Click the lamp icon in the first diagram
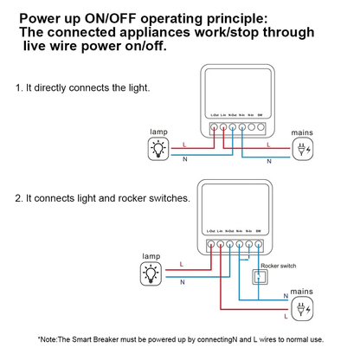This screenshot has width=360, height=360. tap(158, 149)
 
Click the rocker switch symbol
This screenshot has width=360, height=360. tap(257, 277)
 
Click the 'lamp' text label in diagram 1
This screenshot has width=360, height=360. tap(158, 132)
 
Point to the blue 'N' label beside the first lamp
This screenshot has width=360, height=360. tap(185, 159)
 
